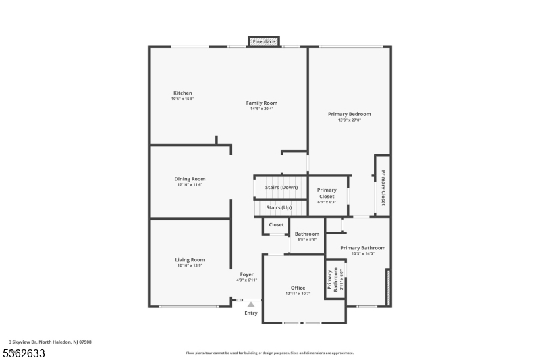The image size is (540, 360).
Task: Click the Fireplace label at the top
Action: (264, 42)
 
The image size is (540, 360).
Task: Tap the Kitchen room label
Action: (182, 93)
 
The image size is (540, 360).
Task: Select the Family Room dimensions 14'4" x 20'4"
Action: (261, 109)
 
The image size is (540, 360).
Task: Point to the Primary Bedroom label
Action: (349, 114)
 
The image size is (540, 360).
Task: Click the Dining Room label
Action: (190, 179)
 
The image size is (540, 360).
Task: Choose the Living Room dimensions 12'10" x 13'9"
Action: (190, 265)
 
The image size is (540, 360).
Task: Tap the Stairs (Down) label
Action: (281, 187)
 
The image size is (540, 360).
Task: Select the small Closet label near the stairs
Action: (276, 224)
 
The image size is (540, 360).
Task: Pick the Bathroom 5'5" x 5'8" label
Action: (306, 234)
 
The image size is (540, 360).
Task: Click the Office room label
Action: (298, 288)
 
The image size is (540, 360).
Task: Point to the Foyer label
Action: (246, 274)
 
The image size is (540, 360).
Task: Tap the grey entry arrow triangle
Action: (251, 305)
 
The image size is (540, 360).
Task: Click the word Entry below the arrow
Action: (251, 313)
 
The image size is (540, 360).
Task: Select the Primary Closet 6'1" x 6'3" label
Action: (327, 193)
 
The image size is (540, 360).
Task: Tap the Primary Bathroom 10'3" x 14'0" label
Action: (362, 248)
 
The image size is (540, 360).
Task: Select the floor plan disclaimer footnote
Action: (269, 353)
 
